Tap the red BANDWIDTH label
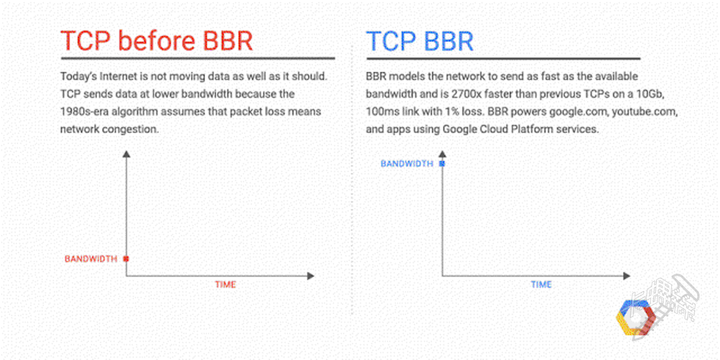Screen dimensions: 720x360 pos(91,259)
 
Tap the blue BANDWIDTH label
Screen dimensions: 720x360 pos(407,163)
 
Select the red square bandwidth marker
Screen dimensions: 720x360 pos(126,259)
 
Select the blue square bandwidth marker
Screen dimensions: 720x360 pos(442,163)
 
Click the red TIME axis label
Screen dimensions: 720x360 pos(225,285)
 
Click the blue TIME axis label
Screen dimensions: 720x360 pos(541,285)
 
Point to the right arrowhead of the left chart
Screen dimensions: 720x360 pos(310,276)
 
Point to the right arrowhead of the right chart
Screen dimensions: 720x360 pos(627,276)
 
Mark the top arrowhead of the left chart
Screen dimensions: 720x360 pos(126,154)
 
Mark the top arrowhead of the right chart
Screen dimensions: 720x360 pos(442,154)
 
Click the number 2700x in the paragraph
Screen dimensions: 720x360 pos(466,94)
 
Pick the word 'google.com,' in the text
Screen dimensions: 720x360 pos(579,112)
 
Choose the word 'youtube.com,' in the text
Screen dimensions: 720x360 pos(645,112)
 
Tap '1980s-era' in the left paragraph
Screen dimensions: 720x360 pos(84,112)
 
